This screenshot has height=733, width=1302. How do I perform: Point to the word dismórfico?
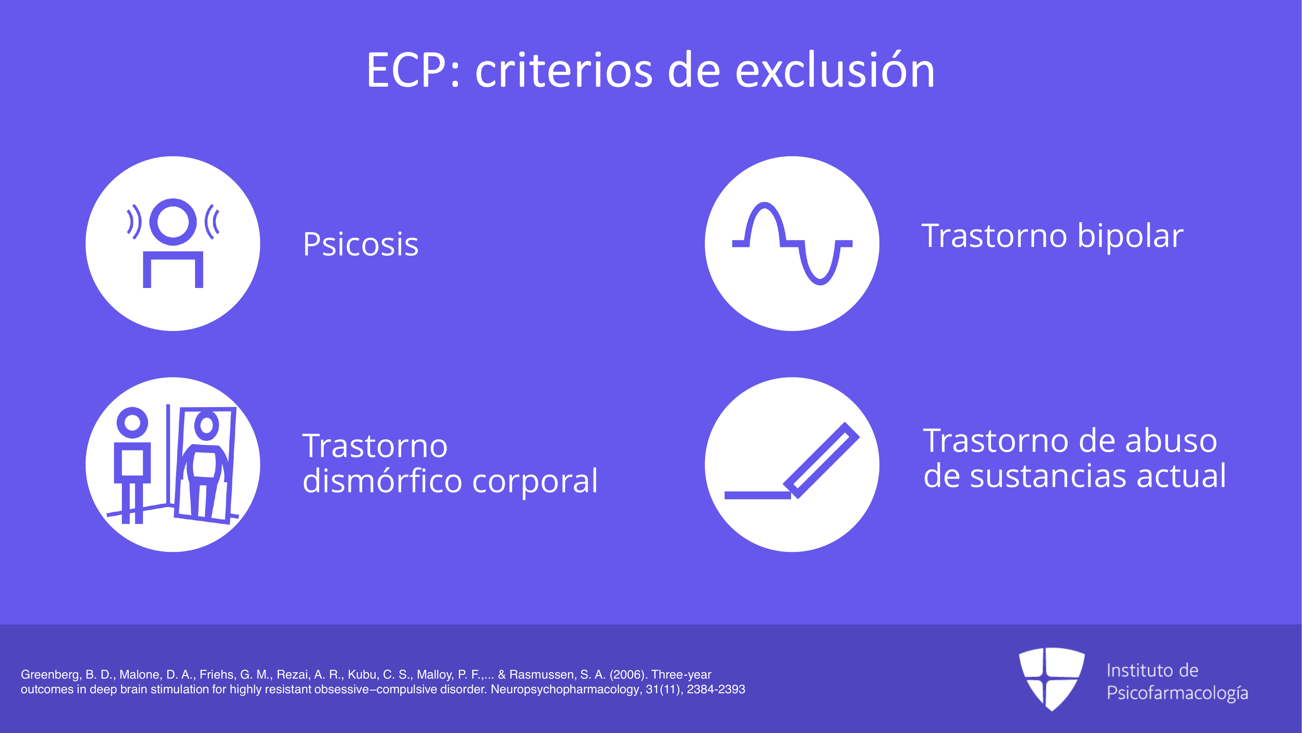point(382,481)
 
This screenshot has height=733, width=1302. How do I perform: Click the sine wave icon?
point(792,244)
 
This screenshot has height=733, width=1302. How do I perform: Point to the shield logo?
point(1052,678)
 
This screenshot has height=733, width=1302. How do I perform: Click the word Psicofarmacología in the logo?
point(1177,693)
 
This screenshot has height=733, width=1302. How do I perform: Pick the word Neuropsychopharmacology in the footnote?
point(567,689)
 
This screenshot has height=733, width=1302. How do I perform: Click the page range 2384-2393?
point(716,689)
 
